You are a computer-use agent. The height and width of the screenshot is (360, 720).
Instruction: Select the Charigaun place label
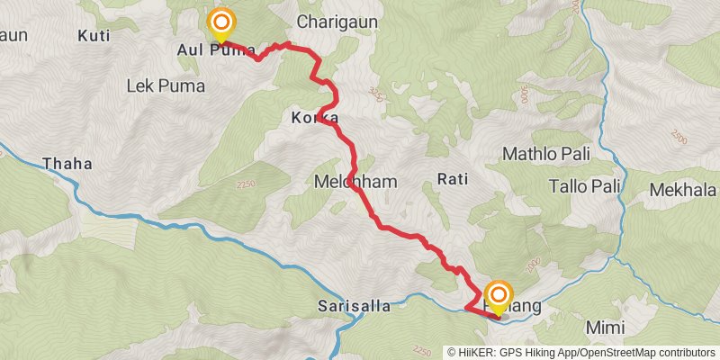(x=337, y=21)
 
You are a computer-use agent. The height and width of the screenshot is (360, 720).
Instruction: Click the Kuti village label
(x=93, y=36)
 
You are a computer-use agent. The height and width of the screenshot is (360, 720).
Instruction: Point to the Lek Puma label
(x=166, y=86)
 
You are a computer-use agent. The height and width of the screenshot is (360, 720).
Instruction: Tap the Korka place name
(x=315, y=118)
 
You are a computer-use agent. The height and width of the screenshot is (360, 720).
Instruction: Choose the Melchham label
(x=355, y=181)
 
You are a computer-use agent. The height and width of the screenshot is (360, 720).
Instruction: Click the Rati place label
(x=453, y=179)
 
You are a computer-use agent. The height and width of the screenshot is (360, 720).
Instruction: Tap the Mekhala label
(x=684, y=190)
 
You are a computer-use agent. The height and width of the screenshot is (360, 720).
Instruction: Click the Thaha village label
(x=67, y=165)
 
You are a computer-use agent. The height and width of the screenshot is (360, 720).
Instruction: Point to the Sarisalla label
(x=355, y=306)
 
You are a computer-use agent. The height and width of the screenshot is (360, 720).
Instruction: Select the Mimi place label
(x=605, y=326)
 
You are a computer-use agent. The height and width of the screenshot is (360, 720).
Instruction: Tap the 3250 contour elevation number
(x=377, y=92)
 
